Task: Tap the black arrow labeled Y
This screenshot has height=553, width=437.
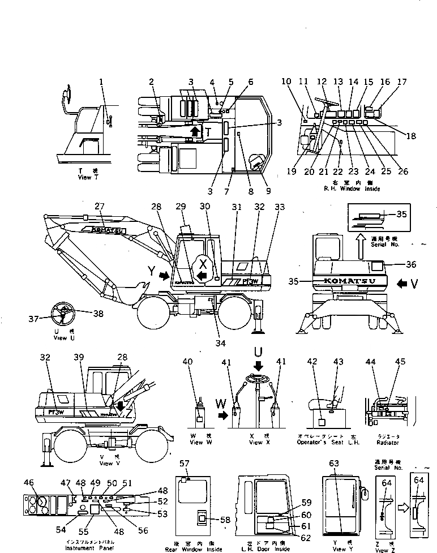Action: [x=165, y=276]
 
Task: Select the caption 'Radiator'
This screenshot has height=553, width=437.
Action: [x=389, y=442]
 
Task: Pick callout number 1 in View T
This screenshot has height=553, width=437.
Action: [x=101, y=82]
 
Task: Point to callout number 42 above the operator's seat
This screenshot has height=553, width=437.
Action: [x=312, y=362]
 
